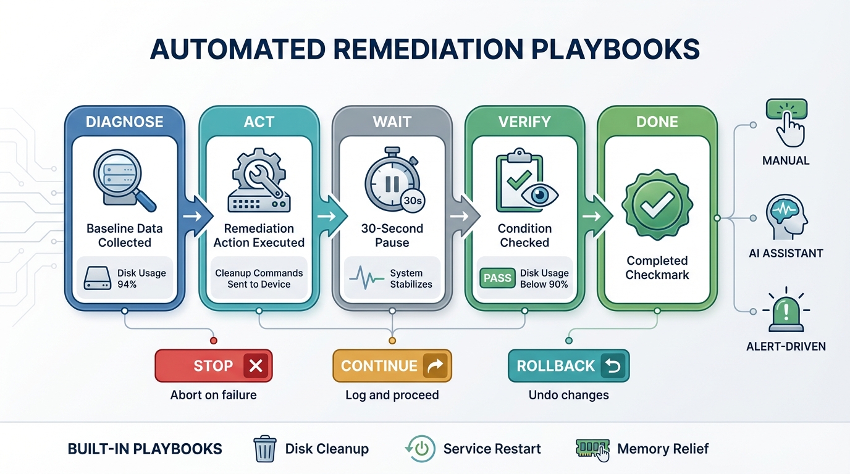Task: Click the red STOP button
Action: tap(213, 366)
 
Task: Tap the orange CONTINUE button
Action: tap(392, 366)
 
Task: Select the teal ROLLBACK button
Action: tap(568, 366)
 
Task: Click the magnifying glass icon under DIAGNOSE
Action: tap(124, 180)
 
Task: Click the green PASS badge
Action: tap(497, 278)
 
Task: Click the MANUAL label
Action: tap(786, 160)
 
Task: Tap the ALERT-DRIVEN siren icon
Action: tap(786, 311)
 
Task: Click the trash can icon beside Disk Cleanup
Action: tap(265, 449)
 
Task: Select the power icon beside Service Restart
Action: tap(421, 449)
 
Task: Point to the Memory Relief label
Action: tap(663, 449)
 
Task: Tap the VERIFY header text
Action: tap(524, 122)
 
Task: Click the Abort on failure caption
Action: tap(213, 395)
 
